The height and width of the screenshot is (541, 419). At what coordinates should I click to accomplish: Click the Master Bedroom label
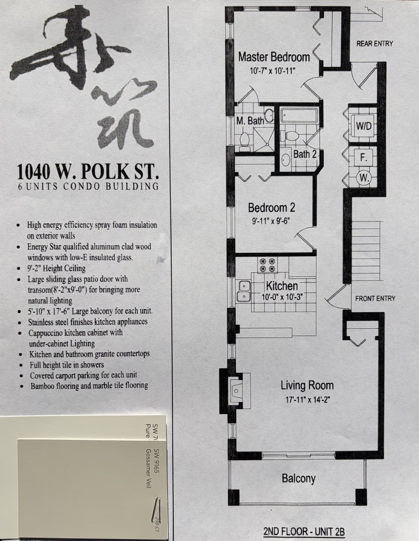tap(274, 57)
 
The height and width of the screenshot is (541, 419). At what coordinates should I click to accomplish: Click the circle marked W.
tap(364, 177)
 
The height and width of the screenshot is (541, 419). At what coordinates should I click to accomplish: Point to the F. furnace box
tap(364, 157)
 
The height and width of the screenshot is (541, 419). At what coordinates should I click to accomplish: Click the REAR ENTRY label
tap(374, 44)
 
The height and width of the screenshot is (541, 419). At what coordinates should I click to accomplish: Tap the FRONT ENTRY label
tap(375, 299)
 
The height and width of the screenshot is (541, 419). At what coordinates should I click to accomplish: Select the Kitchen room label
tap(282, 286)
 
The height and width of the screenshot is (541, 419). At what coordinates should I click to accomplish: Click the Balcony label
tap(299, 478)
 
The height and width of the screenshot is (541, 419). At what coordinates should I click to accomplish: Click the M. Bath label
tap(250, 121)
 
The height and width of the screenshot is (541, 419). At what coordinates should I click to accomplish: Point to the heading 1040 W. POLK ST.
tap(88, 172)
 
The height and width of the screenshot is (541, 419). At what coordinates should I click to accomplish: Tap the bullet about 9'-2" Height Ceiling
tap(56, 268)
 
